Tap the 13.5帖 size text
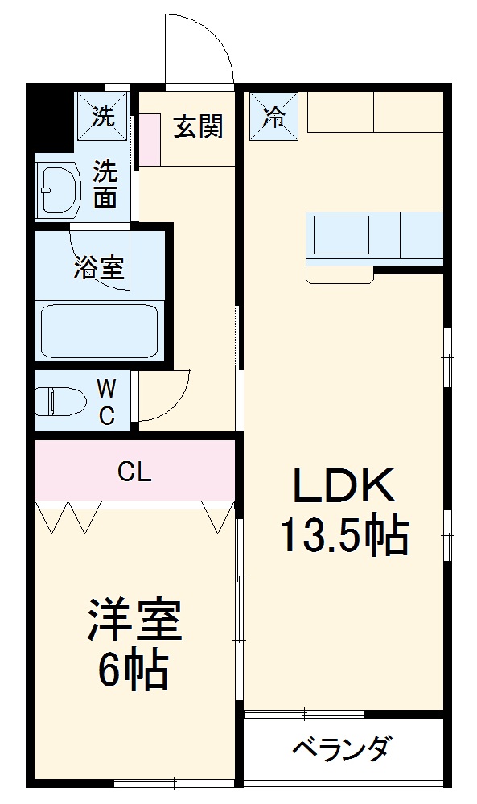click(x=343, y=535)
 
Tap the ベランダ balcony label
click(x=341, y=749)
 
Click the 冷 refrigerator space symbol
click(x=273, y=117)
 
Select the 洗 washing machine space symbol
click(x=102, y=117)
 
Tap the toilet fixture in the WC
click(x=61, y=400)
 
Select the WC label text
click(x=105, y=402)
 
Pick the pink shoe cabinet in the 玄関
click(x=149, y=139)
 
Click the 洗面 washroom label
click(x=105, y=184)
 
